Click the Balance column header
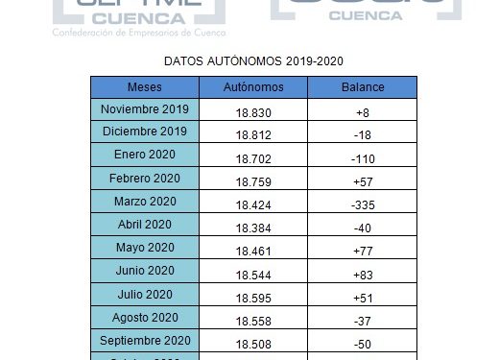[363, 87]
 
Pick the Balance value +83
[363, 273]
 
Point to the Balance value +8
[363, 113]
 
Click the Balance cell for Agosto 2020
[363, 319]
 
